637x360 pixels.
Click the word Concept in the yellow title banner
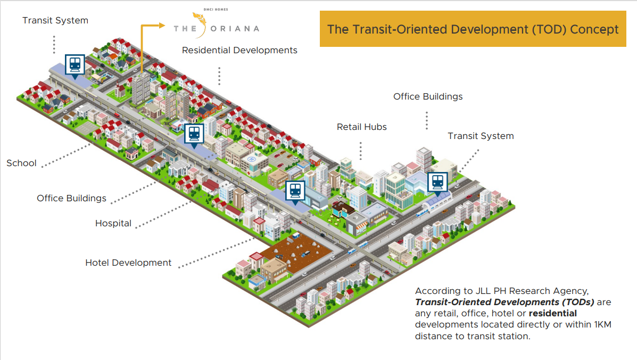pyautogui.click(x=594, y=29)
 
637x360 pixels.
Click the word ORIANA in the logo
pyautogui.click(x=235, y=29)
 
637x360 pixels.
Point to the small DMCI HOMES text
pyautogui.click(x=216, y=10)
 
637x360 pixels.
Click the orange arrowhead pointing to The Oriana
pyautogui.click(x=162, y=26)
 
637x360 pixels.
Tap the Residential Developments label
pyautogui.click(x=239, y=51)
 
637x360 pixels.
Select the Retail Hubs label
pyautogui.click(x=361, y=127)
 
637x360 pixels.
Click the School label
pyautogui.click(x=21, y=163)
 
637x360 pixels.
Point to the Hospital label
pyautogui.click(x=113, y=224)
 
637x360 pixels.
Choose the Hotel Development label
pyautogui.click(x=128, y=263)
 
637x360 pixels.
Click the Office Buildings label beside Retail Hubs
pyautogui.click(x=428, y=97)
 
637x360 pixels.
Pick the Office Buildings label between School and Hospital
pyautogui.click(x=71, y=198)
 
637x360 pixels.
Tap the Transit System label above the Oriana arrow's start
pyautogui.click(x=55, y=20)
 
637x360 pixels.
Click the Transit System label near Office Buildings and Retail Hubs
pyautogui.click(x=481, y=136)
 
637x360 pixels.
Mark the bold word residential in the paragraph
pyautogui.click(x=552, y=313)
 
